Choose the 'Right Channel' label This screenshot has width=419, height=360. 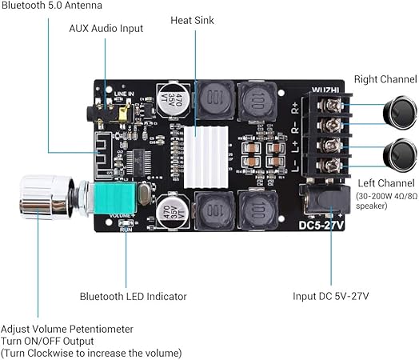(x=383, y=79)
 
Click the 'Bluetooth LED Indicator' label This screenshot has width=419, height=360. (x=133, y=296)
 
